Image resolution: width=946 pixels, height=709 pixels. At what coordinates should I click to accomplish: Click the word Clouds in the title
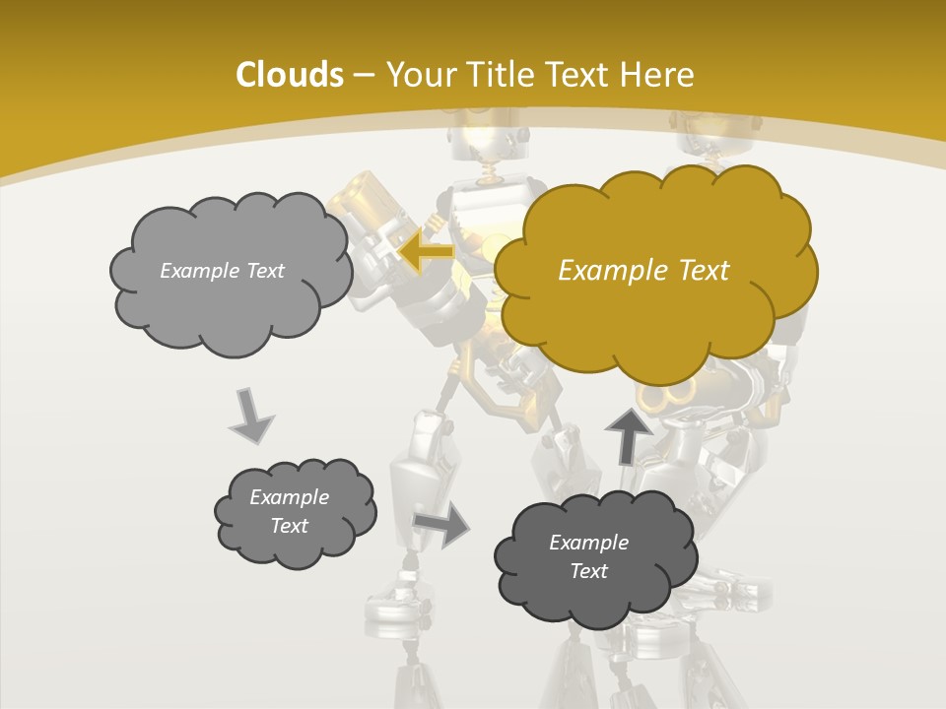coord(289,75)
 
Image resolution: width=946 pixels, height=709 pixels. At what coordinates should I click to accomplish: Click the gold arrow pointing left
coord(426,251)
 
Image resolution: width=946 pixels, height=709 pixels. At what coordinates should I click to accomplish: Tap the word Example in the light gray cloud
coord(199,271)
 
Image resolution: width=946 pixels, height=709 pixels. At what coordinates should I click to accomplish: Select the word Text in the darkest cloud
coord(588,571)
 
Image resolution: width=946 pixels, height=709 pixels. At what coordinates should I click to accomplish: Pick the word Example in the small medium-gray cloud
coord(289,497)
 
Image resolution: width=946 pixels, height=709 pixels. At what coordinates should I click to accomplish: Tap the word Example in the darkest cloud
coord(588,543)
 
